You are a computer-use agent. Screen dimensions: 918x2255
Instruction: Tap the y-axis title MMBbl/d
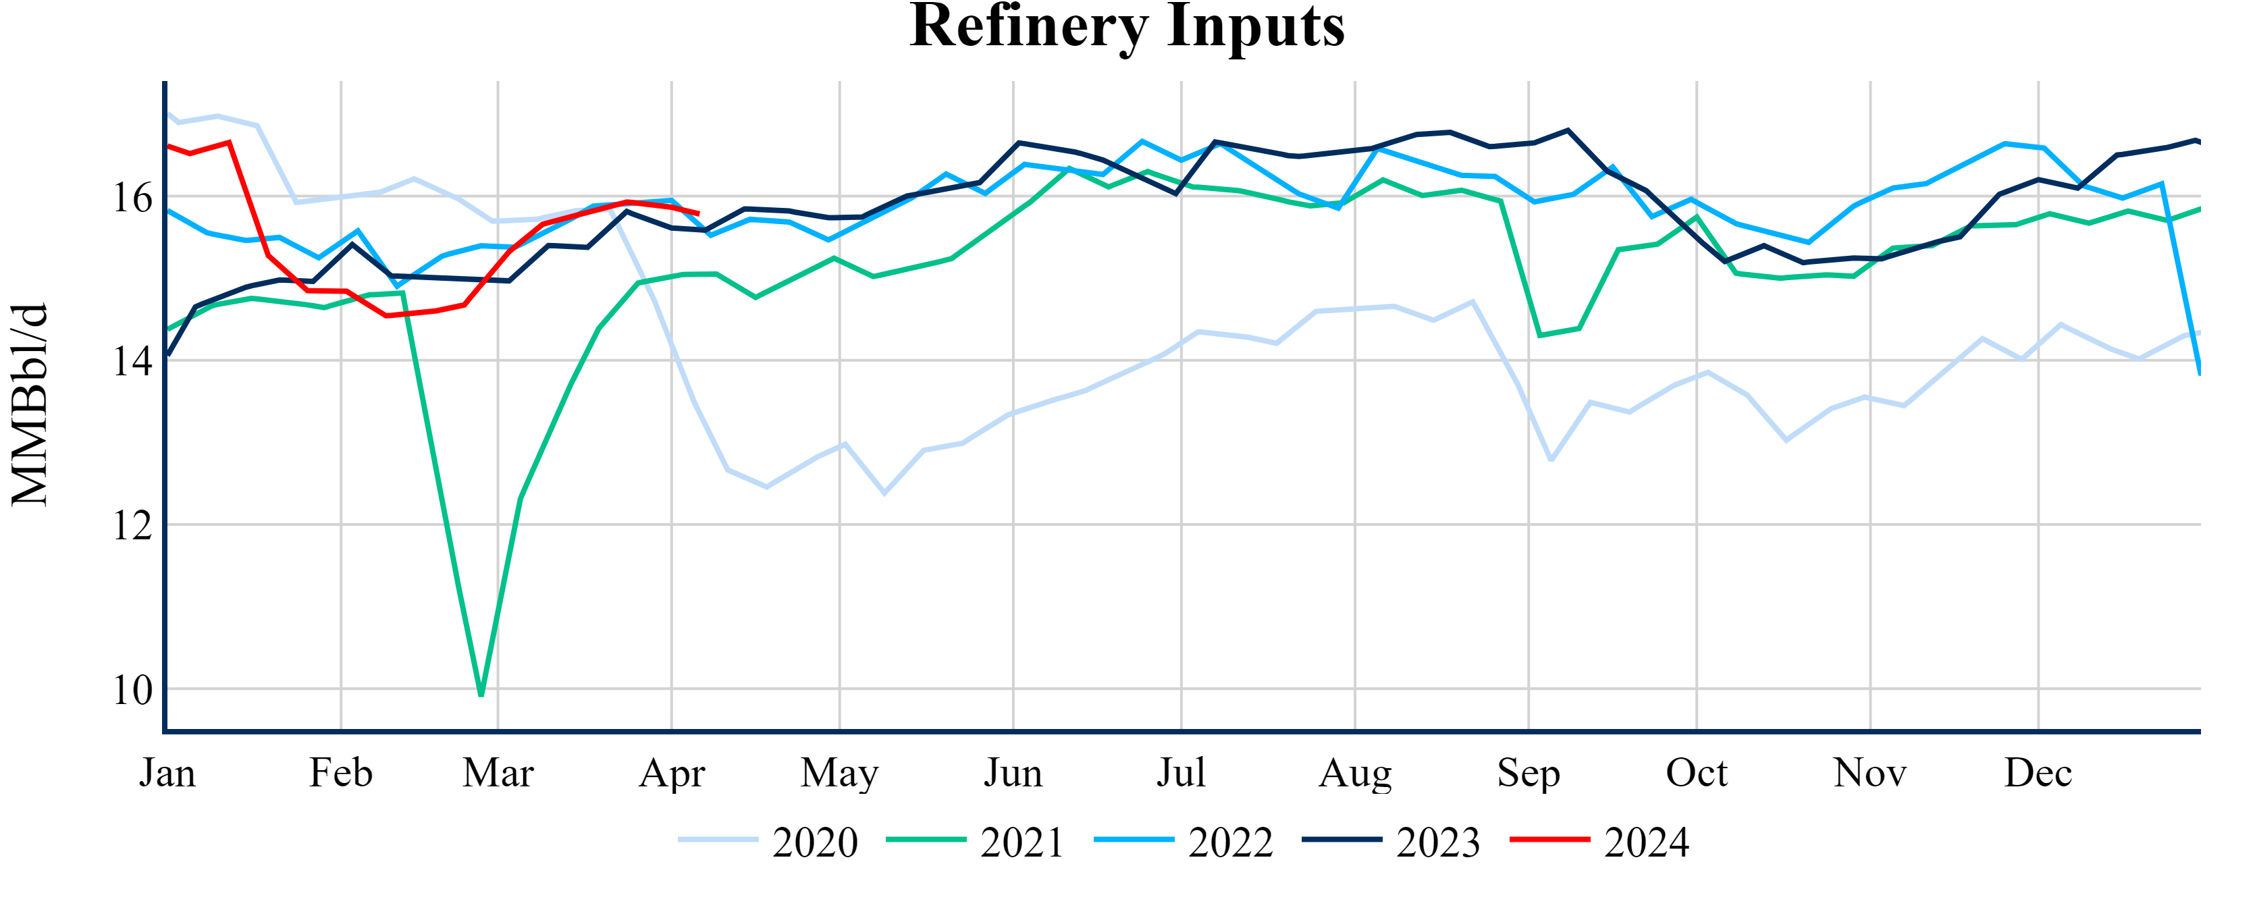[30, 405]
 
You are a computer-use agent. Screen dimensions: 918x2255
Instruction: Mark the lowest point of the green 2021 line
[481, 695]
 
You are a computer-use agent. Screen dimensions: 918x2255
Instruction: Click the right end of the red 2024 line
[697, 213]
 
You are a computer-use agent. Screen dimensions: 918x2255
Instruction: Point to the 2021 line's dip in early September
[1540, 335]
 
